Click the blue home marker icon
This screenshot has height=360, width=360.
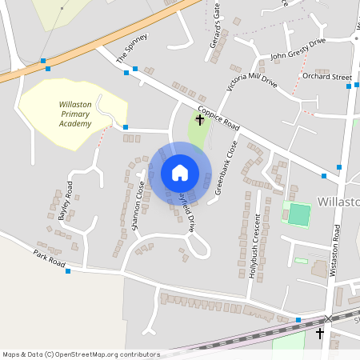pyautogui.click(x=180, y=172)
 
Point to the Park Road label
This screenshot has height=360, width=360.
pyautogui.click(x=49, y=258)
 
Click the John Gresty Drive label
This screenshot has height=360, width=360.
pyautogui.click(x=298, y=52)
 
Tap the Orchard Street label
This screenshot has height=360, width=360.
pyautogui.click(x=326, y=77)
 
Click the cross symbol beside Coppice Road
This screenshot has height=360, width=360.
pyautogui.click(x=200, y=121)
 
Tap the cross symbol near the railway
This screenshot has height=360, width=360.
pyautogui.click(x=320, y=333)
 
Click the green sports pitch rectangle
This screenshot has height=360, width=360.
pyautogui.click(x=298, y=214)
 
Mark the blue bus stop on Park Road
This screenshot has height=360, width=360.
pyautogui.click(x=68, y=271)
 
